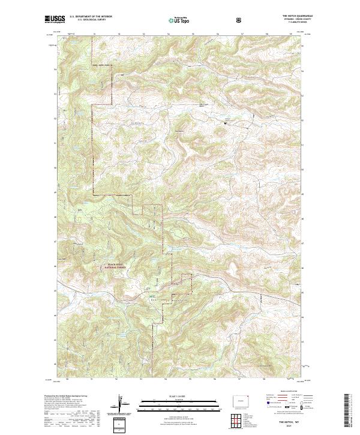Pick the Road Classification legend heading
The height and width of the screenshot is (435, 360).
287,390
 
